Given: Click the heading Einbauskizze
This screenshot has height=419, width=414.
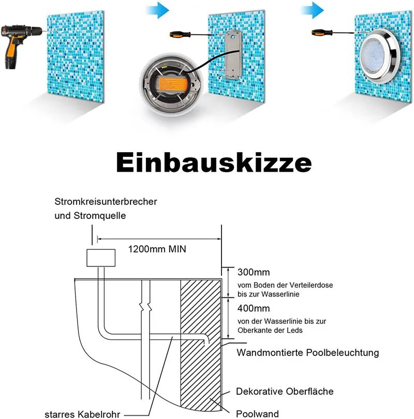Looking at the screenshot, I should point(213,162).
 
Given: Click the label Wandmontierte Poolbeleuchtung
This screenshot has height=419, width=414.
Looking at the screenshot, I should point(307,353).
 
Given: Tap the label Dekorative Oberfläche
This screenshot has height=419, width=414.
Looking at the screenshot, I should point(285,391).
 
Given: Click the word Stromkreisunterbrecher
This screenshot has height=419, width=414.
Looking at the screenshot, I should point(106,201).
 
